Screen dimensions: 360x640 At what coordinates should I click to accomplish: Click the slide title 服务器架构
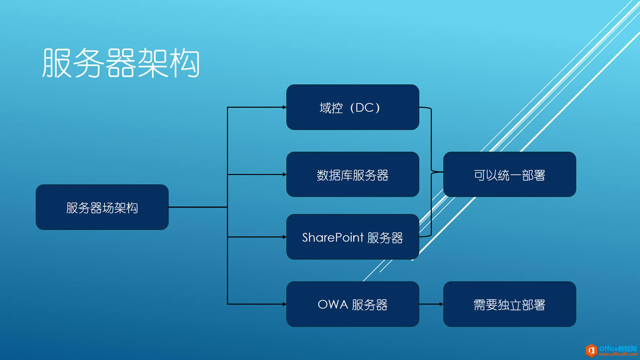[x=121, y=64]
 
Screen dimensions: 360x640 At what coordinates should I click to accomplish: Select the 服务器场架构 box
[x=102, y=207]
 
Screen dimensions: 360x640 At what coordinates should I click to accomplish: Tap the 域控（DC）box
[x=352, y=107]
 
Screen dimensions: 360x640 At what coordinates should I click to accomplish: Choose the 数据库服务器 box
[x=352, y=174]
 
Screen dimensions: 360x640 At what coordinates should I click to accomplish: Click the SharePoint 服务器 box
[x=352, y=237]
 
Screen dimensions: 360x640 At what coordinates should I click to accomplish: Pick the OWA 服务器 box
[x=352, y=304]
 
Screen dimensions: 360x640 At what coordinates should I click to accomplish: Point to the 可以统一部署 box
[x=509, y=174]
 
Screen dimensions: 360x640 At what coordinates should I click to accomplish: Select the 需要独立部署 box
[x=509, y=304]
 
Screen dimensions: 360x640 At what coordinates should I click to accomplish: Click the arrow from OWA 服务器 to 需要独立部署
[x=431, y=304]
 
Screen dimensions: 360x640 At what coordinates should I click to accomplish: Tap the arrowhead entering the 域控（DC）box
[x=284, y=107]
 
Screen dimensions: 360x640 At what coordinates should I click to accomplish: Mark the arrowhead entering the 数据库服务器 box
[x=284, y=174]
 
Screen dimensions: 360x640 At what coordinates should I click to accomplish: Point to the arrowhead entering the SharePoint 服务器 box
[x=284, y=237]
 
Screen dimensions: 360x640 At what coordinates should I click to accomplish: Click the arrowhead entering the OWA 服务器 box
[x=284, y=304]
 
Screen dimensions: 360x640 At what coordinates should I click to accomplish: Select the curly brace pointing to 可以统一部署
[x=431, y=172]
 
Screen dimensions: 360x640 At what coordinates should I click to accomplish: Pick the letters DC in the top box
[x=364, y=108]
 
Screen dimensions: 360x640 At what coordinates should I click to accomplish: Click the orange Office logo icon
[x=591, y=350]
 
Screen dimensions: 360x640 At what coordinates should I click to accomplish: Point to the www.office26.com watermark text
[x=618, y=354]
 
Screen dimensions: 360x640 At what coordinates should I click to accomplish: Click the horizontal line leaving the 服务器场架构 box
[x=197, y=207]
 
